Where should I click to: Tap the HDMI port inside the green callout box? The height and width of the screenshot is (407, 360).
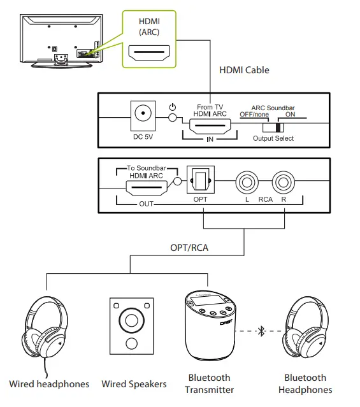[x=149, y=53]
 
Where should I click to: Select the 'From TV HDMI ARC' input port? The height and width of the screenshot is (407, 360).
[x=210, y=126]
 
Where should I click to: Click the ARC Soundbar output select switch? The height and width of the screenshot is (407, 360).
[x=273, y=128]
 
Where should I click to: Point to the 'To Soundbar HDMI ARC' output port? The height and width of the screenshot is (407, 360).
[x=147, y=188]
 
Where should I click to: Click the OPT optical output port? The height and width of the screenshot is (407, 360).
[x=201, y=180]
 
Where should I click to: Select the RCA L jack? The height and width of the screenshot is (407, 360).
[x=247, y=182]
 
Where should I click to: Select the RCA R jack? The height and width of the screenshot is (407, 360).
[x=284, y=182]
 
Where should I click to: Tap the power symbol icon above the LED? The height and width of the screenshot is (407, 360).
[x=173, y=107]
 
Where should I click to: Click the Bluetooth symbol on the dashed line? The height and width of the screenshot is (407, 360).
[x=261, y=331]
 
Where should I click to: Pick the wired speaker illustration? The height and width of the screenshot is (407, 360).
[x=132, y=326]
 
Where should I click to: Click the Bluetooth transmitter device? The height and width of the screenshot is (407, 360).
[x=210, y=325]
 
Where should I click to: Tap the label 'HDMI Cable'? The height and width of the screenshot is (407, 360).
[x=244, y=70]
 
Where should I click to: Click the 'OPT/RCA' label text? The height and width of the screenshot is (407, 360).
[x=189, y=248]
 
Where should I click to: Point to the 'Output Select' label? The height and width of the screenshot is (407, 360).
[x=273, y=138]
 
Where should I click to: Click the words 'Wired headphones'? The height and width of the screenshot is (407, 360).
[x=49, y=384]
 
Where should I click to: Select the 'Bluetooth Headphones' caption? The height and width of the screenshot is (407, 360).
[x=305, y=383]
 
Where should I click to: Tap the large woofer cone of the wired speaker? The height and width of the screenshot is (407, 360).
[x=132, y=320]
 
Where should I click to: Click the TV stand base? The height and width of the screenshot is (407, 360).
[x=62, y=65]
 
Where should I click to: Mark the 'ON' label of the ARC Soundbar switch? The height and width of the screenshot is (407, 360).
[x=290, y=115]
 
